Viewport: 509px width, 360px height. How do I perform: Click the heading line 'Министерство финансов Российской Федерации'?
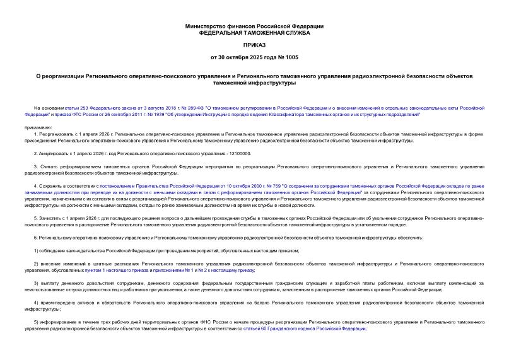tap(254, 26)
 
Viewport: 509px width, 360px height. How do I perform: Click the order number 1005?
tap(292, 57)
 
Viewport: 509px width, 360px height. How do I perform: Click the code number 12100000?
tap(239, 153)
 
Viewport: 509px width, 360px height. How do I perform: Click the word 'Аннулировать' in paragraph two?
tap(55, 153)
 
